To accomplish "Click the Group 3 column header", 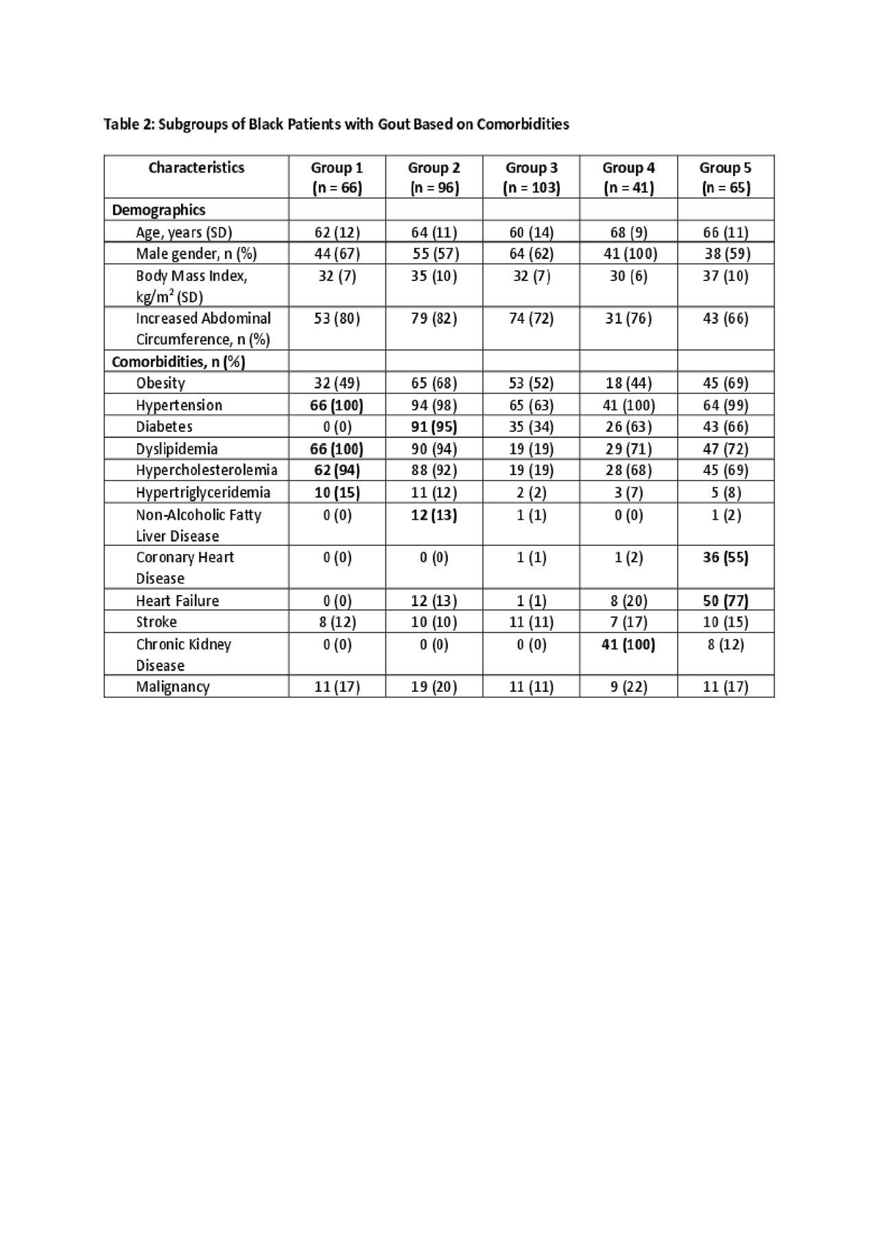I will coord(531,177).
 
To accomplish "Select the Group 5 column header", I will coord(725,177).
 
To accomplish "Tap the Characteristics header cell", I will coord(196,167).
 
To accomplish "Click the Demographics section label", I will coord(158,210).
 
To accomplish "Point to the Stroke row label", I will coord(156,622).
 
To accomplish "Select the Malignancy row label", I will coord(173,686).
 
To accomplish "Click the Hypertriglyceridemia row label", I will coord(203,492).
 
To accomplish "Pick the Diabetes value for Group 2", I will coord(434,426).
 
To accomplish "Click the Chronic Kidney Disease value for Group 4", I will coord(628,644).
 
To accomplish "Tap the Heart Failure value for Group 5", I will coord(725,601).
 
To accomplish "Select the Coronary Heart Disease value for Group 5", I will coord(725,557).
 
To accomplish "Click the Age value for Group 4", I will coord(628,232).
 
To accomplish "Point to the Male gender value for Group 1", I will coord(337,254).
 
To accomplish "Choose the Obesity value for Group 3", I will coord(531,383).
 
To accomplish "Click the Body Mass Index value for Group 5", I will coord(725,276).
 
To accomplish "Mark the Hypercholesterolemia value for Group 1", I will coord(337,470).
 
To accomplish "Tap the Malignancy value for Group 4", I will coord(628,686).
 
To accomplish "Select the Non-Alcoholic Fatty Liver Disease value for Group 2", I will coord(434,515).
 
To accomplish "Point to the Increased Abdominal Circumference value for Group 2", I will coord(434,318).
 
